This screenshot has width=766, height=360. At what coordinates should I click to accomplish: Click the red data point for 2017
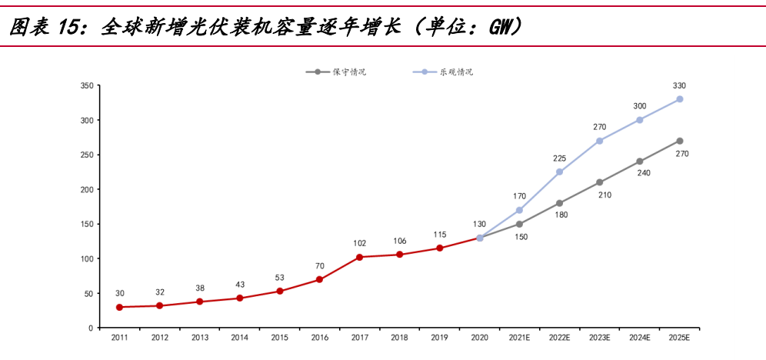pos(360,257)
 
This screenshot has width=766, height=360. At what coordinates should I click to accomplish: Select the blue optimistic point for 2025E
pos(680,99)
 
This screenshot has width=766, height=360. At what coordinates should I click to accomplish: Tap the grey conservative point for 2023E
pos(600,182)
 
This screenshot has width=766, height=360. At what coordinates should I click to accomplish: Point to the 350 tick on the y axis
pos(86,85)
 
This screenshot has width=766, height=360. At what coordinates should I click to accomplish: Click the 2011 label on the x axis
pos(119,338)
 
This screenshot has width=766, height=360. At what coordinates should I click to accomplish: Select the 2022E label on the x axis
pos(560,338)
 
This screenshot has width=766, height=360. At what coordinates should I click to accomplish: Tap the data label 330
pos(679,85)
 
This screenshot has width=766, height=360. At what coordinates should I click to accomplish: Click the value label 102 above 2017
pos(359,243)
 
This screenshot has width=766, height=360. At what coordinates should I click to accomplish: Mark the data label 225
pos(560,158)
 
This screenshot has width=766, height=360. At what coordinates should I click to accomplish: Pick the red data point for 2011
pos(119,307)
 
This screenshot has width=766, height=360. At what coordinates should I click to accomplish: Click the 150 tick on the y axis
pos(86,224)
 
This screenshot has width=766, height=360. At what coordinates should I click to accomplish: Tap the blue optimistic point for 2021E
pos(520,210)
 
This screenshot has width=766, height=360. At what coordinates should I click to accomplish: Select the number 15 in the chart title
pos(69,28)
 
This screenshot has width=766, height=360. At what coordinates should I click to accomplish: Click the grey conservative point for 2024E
pos(640,162)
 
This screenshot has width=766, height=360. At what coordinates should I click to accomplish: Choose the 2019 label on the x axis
pos(439,338)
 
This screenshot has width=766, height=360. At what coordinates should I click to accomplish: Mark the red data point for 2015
pos(280,291)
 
